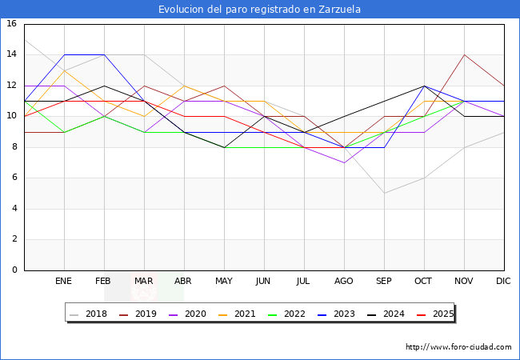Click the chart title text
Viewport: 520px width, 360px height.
[260, 10]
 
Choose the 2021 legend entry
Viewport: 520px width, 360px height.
[239, 314]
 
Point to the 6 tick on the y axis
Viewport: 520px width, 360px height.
[14, 178]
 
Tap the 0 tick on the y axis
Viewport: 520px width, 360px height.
[14, 270]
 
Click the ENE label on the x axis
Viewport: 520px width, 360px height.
[64, 282]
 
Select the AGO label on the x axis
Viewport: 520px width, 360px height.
[344, 282]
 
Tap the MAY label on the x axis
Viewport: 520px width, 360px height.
[224, 282]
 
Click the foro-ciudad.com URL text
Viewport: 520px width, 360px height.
[458, 347]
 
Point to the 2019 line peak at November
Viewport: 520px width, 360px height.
[464, 55]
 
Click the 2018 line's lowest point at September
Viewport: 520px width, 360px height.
[384, 193]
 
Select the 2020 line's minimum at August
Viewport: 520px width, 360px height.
[344, 162]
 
